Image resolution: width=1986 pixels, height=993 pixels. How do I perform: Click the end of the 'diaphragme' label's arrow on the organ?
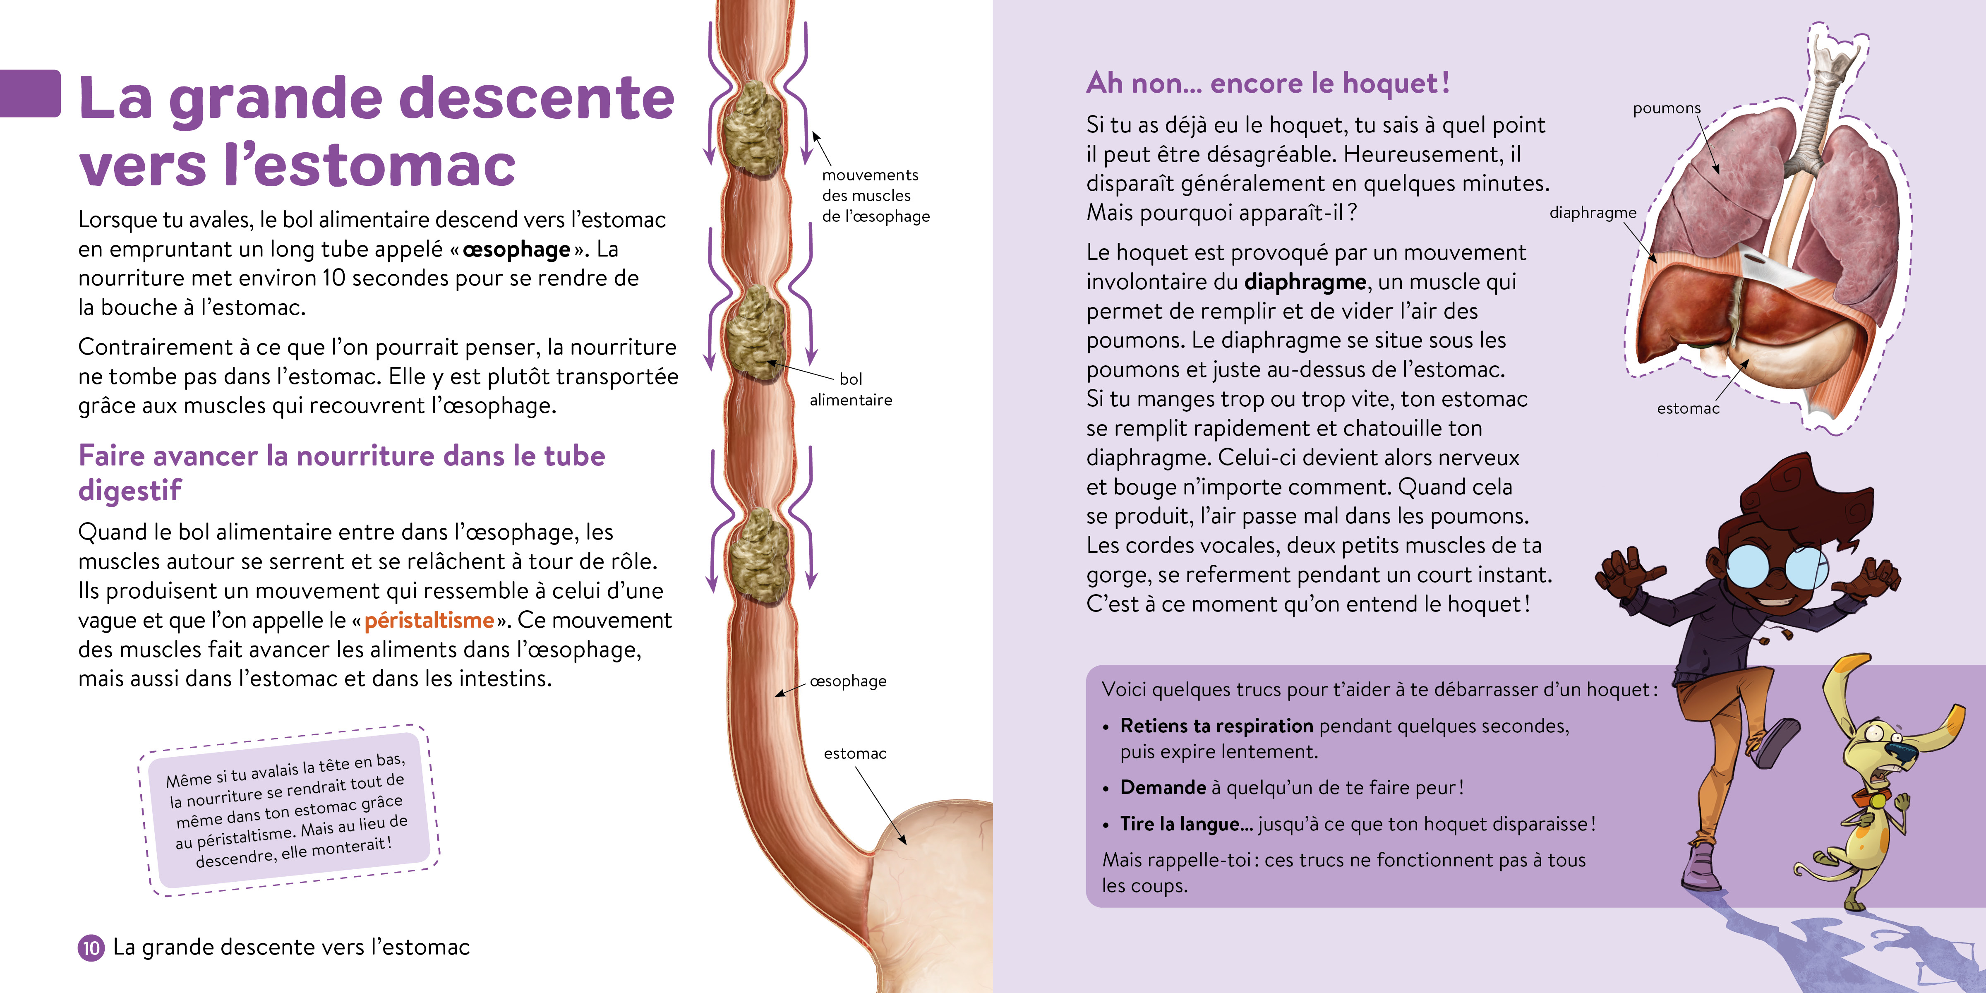point(1656,264)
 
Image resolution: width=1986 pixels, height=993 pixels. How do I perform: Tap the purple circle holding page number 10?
point(91,947)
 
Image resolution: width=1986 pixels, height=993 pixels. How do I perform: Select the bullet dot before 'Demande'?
point(1106,789)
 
